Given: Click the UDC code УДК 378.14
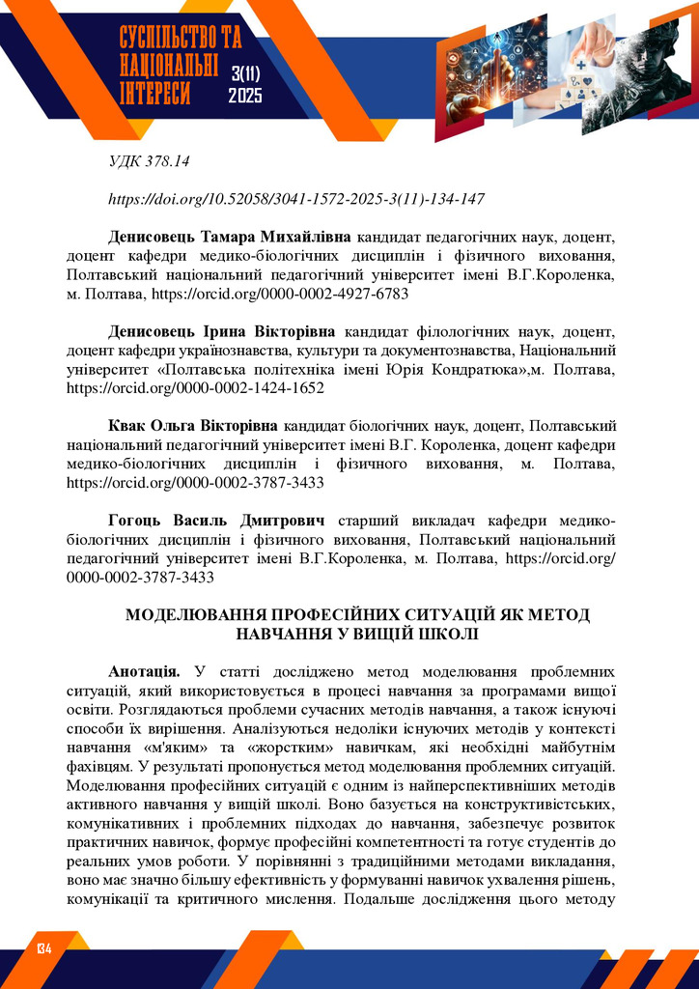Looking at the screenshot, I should [148, 161].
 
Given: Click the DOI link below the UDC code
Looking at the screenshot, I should [296, 200].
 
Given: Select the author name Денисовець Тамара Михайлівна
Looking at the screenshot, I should [231, 237].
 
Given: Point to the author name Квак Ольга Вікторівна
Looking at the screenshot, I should [193, 426].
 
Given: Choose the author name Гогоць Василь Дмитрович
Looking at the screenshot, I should [216, 521].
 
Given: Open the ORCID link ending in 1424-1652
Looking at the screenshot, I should [195, 387].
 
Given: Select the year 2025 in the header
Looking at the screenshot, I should [245, 96].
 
